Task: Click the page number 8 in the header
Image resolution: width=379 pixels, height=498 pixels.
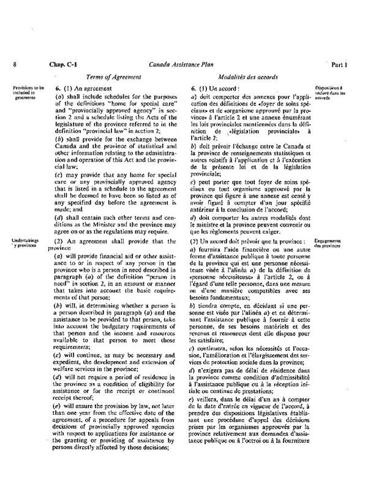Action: coord(13,64)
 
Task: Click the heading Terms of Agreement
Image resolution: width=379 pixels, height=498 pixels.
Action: coord(113,77)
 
